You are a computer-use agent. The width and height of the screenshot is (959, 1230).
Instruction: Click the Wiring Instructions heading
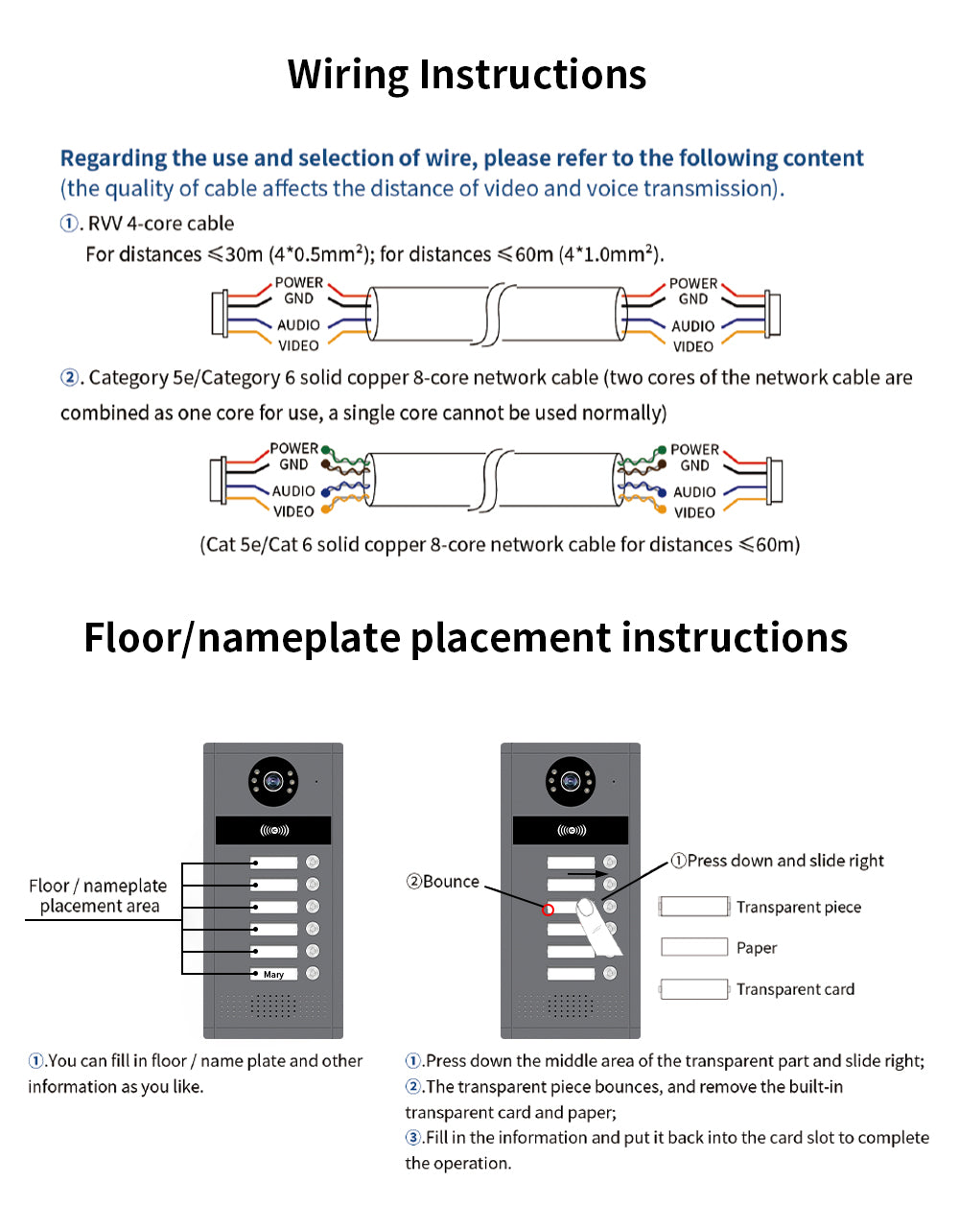(x=467, y=75)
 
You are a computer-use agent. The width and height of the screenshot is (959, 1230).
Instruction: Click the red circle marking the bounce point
(x=549, y=910)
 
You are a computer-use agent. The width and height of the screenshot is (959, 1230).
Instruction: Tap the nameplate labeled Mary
(x=274, y=974)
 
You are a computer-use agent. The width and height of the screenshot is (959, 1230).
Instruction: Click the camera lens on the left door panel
(x=273, y=782)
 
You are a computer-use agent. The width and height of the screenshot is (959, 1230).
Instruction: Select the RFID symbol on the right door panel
(x=572, y=831)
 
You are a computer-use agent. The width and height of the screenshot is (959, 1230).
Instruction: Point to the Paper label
(x=757, y=948)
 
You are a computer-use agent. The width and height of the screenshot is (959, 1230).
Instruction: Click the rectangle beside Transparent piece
(x=694, y=907)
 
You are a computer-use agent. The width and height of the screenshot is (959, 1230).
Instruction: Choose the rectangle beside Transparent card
(x=694, y=989)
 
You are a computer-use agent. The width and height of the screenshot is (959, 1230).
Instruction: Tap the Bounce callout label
(x=443, y=882)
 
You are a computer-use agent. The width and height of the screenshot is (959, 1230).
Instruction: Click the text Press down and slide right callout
(x=777, y=861)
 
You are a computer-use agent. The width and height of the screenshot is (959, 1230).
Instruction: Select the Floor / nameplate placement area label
(x=98, y=895)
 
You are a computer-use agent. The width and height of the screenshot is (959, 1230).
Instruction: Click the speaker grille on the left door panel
(x=273, y=1005)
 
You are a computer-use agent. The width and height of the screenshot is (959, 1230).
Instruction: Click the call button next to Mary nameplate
(x=313, y=974)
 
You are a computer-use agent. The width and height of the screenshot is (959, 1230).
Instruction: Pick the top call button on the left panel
(x=313, y=863)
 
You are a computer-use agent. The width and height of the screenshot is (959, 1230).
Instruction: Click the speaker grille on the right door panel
(x=571, y=1005)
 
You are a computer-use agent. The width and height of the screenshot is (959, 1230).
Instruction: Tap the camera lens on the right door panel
(x=571, y=782)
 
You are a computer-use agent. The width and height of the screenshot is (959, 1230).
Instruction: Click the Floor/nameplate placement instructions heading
(x=466, y=638)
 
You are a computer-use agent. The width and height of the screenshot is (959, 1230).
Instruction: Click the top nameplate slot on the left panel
(x=274, y=863)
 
